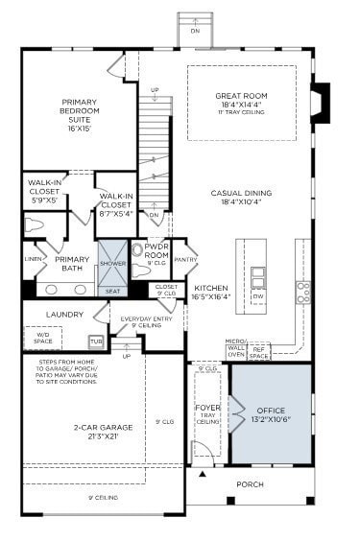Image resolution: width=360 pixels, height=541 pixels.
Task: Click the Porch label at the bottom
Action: (250, 483)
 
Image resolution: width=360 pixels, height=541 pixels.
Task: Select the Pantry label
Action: (185, 259)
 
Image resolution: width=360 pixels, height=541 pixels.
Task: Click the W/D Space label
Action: (41, 336)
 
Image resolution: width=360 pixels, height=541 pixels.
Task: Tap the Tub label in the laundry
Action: (96, 341)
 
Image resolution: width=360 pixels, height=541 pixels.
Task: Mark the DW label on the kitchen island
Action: (257, 296)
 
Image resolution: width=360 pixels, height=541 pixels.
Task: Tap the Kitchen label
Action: (210, 292)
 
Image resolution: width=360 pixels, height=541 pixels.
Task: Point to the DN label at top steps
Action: (195, 30)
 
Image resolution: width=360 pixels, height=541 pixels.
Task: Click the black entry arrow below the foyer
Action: (202, 474)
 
